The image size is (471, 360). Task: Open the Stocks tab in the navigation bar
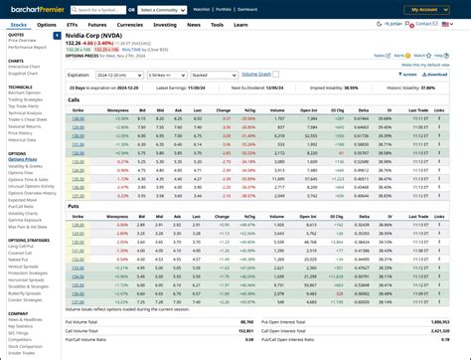click(x=18, y=24)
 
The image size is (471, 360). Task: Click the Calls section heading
click(x=74, y=99)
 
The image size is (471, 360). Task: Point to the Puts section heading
click(x=73, y=206)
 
